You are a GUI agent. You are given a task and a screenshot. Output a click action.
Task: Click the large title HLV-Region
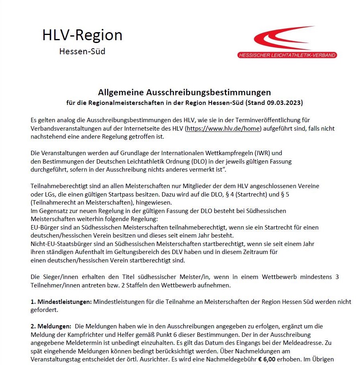pos(82,35)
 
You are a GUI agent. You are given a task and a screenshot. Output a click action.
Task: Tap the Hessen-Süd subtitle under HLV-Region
pos(82,51)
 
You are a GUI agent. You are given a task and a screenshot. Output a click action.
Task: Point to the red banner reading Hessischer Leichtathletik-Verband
pos(287,55)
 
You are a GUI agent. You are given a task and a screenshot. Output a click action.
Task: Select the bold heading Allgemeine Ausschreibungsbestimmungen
pos(184,93)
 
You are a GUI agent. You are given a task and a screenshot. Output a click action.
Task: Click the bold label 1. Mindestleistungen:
pos(61,301)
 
